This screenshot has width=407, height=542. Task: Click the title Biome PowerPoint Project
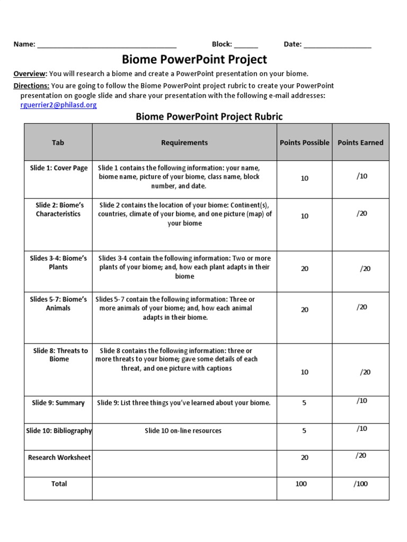coord(194,59)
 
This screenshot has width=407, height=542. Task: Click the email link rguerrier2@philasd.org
coord(58,105)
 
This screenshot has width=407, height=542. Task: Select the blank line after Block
coord(245,45)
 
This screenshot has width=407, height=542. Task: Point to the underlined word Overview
coord(30,74)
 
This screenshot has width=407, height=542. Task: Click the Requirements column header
coord(184,142)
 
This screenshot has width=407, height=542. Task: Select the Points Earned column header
coord(360,142)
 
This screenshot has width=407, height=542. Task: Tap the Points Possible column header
coord(305,142)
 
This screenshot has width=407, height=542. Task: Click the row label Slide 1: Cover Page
coord(59,168)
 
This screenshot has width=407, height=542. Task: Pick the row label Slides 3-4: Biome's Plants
coord(58,263)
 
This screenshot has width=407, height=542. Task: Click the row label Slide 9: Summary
coord(58,403)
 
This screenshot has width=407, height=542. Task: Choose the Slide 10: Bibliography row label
coord(59,431)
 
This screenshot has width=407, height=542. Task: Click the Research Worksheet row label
coord(59,457)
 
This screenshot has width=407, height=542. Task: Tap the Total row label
coord(59,484)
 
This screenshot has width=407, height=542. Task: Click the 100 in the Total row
coord(301,484)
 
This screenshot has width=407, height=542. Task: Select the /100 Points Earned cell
coord(360,484)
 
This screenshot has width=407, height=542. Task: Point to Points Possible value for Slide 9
coord(304,403)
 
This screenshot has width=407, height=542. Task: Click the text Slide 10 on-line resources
coord(183,431)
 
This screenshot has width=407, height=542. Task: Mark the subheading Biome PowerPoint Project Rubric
coord(209,116)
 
